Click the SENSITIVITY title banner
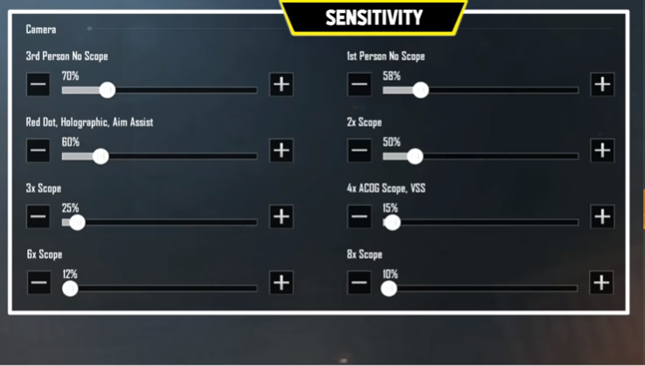pos(374,18)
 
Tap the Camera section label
pos(41,29)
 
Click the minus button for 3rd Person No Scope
pos(39,84)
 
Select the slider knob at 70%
pos(108,90)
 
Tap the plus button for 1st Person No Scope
pos(602,84)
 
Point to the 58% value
pos(391,76)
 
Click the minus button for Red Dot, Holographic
pos(39,151)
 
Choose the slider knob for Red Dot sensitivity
pos(101,156)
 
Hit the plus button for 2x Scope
pos(602,151)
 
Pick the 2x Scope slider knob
pos(415,156)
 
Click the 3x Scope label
pos(44,188)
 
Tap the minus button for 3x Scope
pos(39,216)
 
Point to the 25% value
pos(70,208)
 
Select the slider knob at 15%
pos(392,222)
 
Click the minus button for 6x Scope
pos(39,283)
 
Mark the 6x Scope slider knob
pos(70,288)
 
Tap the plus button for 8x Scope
pos(601,283)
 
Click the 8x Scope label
pos(364,255)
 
